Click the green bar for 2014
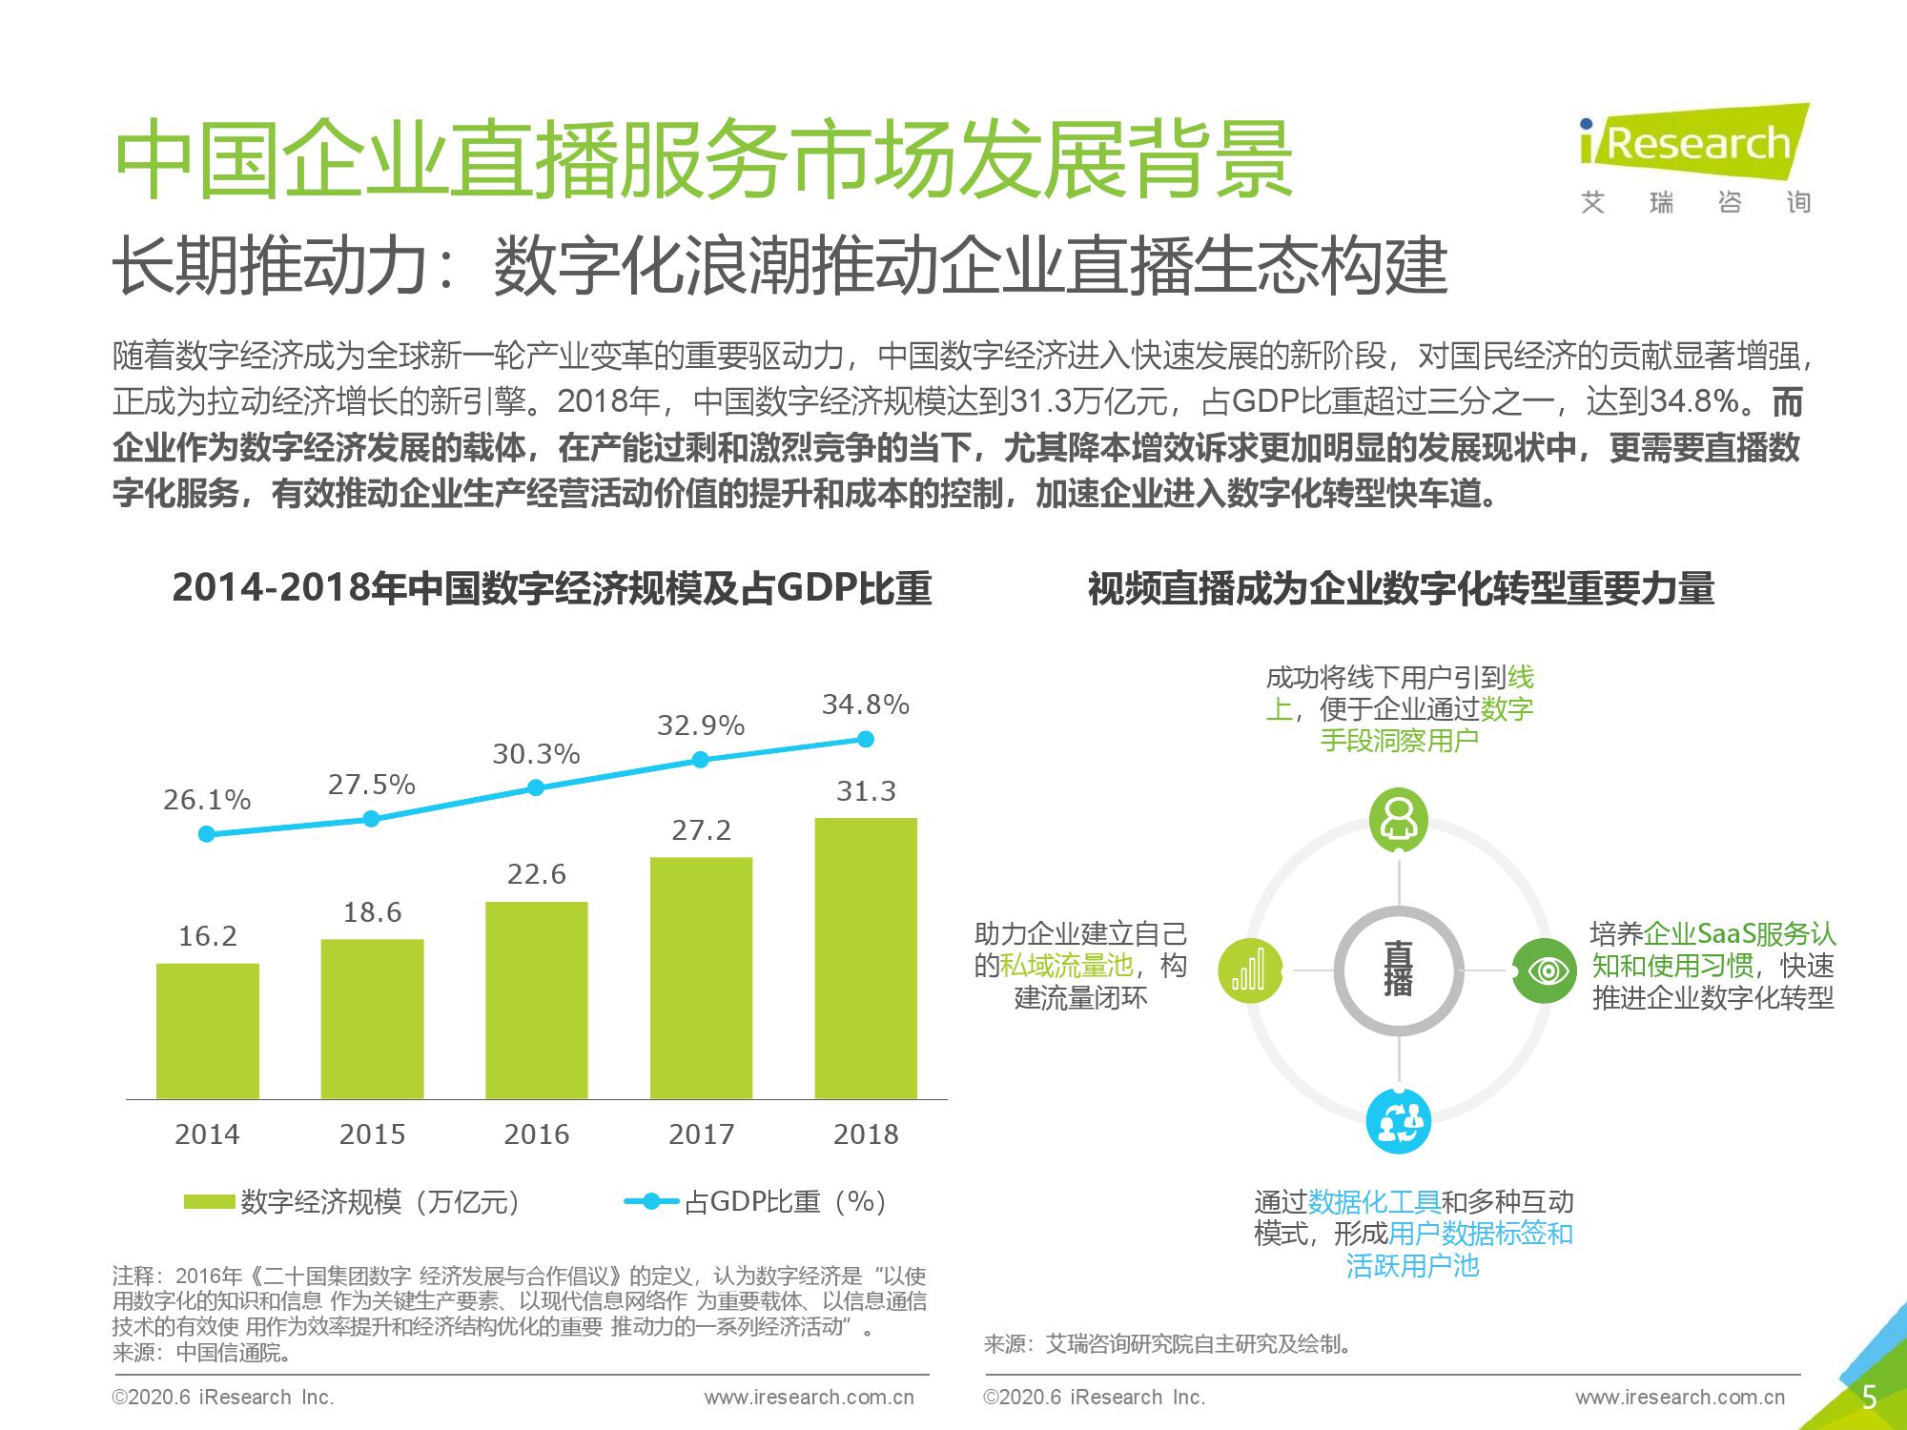tap(207, 1031)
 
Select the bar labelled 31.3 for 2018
tap(866, 958)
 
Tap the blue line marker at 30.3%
tap(536, 787)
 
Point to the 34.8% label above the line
tap(866, 705)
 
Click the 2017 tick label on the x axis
tap(701, 1134)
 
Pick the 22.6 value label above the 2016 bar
tap(536, 873)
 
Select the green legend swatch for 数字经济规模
tap(209, 1201)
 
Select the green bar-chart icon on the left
tap(1249, 970)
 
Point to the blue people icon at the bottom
tap(1399, 1122)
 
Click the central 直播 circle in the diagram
tap(1399, 970)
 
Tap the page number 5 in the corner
tap(1869, 1398)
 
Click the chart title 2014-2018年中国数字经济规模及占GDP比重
tap(551, 588)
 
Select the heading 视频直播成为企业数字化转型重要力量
tap(1400, 588)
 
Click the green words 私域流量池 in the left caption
tap(1066, 966)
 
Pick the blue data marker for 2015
tap(372, 819)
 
